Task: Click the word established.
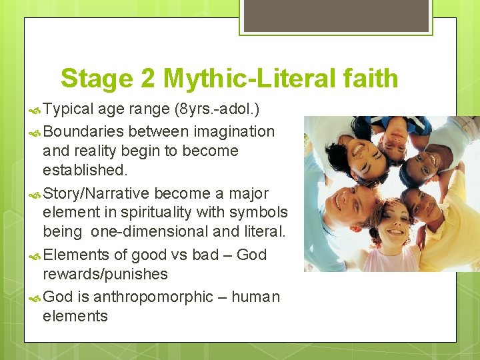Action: click(x=85, y=170)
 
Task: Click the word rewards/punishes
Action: click(x=105, y=274)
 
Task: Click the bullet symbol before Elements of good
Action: click(x=35, y=255)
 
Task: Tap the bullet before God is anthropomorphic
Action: click(x=35, y=297)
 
